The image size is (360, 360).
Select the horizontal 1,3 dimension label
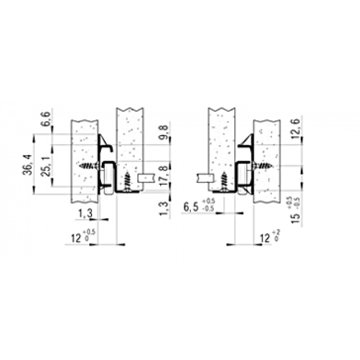pos(85,213)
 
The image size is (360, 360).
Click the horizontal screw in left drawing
pos(91,165)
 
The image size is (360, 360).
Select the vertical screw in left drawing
pos(128,181)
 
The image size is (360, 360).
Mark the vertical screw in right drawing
pos(224,181)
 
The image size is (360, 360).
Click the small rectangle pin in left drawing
pos(145,178)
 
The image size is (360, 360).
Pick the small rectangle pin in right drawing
pos(205,178)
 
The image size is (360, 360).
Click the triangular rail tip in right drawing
pos(245,146)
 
